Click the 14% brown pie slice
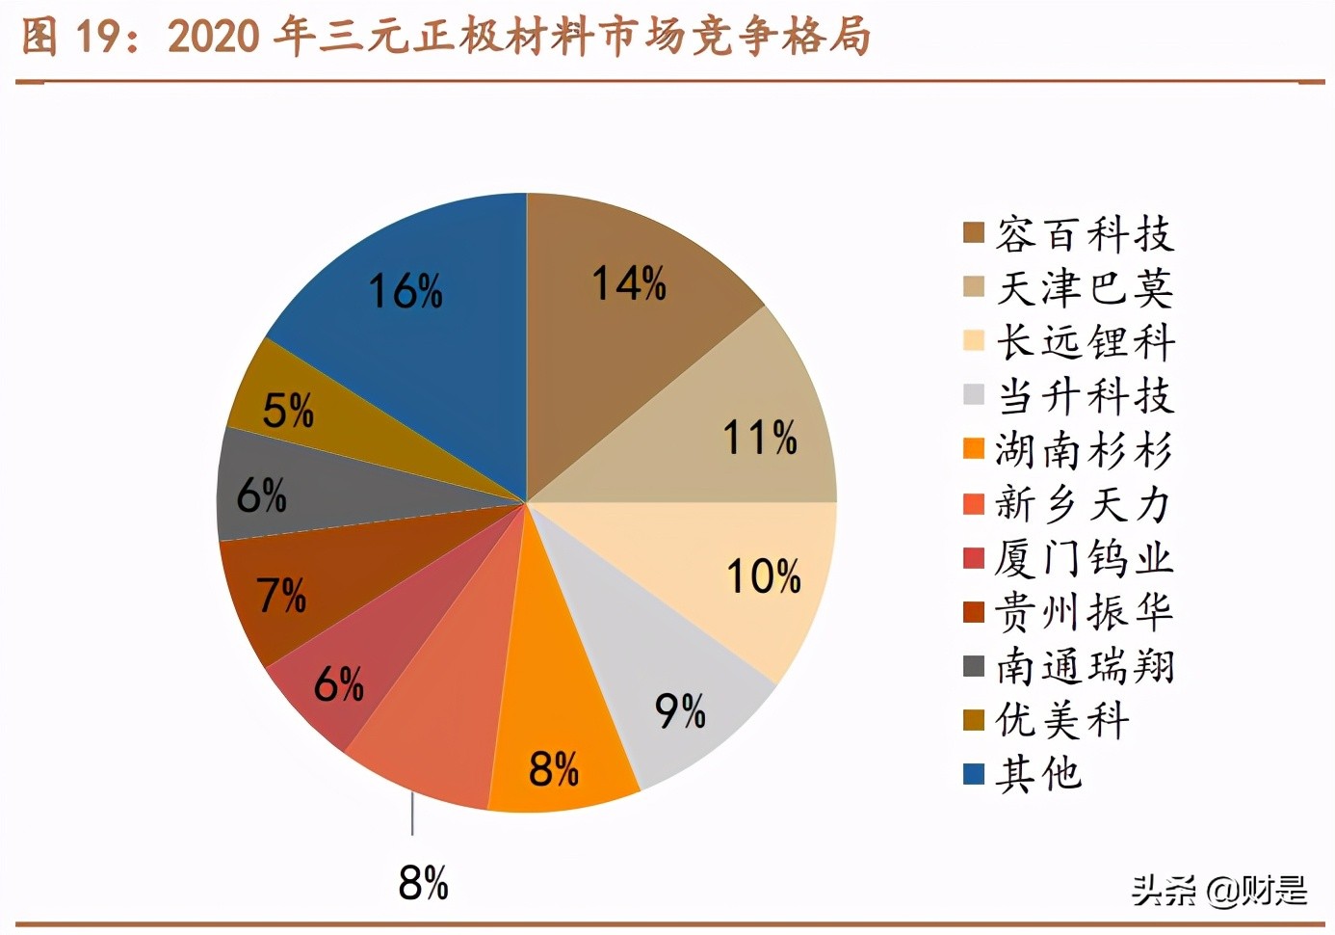coord(626,318)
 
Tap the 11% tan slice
coord(742,424)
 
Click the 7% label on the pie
coord(281,595)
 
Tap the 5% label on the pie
coord(288,412)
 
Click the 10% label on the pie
coord(763,577)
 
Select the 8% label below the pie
coord(424,882)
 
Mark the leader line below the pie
coord(413,815)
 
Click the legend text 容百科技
coord(1085,234)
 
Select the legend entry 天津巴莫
coord(1085,288)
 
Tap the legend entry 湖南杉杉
coord(1085,450)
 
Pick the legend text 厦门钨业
coord(1085,558)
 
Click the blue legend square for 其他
coord(974,774)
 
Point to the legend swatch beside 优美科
coord(974,720)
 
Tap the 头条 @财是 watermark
coord(1219,890)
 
